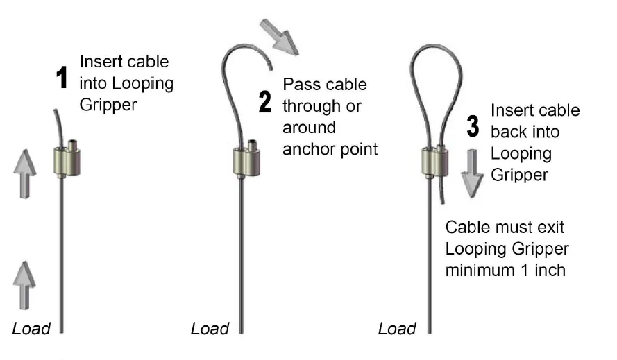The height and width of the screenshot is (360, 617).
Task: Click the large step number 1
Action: [62, 78]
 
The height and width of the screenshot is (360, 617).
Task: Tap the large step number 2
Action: [265, 102]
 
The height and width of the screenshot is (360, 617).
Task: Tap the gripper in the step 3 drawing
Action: [434, 161]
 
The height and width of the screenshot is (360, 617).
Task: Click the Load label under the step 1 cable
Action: [31, 328]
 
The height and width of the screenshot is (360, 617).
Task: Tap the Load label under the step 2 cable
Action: [210, 328]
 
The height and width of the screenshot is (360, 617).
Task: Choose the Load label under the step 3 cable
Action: [397, 328]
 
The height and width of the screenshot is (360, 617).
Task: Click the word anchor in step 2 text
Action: [307, 148]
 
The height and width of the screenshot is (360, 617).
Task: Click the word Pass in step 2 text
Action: [301, 85]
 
